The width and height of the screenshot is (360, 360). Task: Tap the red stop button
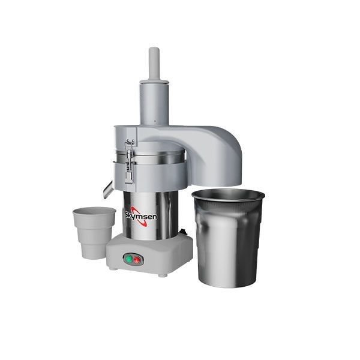[x=137, y=259]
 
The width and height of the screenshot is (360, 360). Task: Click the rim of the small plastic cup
[x=94, y=211]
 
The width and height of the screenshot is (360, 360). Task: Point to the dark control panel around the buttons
[x=132, y=259]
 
